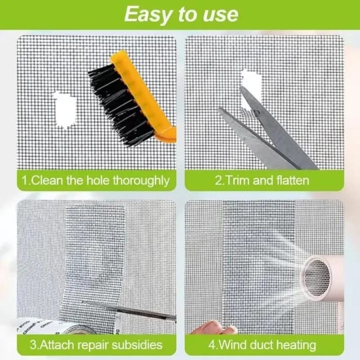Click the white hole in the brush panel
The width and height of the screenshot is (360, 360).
tap(64, 109)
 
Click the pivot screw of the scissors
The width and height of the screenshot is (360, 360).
tap(256, 112)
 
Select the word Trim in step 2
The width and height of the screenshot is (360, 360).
tap(236, 180)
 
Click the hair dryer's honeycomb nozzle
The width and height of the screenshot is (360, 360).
tap(317, 278)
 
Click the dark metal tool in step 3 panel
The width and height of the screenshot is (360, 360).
tap(129, 310)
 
